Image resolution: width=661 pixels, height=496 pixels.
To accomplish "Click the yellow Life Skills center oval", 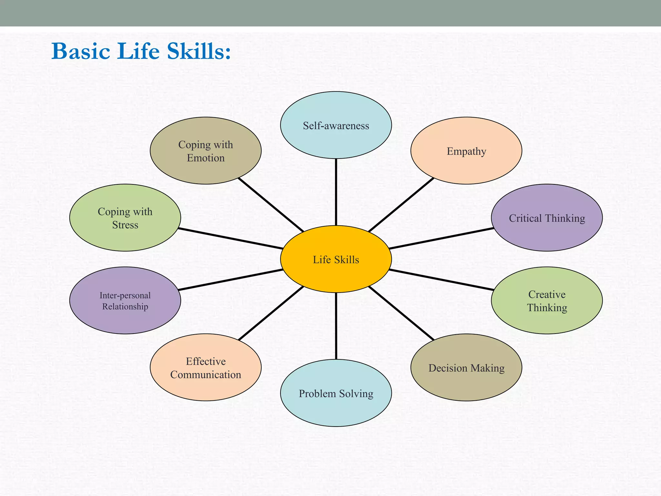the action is [336, 259].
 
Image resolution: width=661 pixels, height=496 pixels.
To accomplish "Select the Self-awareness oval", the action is [336, 125].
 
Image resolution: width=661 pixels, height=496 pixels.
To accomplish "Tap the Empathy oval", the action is [466, 151].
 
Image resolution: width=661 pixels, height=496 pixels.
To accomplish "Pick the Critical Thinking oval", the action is [547, 218].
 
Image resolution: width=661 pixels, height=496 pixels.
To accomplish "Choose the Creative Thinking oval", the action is [547, 301].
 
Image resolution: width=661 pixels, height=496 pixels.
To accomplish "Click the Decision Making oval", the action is [466, 368].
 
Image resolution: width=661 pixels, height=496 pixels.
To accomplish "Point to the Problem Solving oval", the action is [336, 393].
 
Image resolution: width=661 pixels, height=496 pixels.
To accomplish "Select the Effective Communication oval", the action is [206, 368].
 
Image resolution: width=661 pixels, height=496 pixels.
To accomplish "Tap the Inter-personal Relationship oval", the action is [125, 301].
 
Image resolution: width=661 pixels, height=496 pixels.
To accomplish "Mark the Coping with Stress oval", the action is [125, 218].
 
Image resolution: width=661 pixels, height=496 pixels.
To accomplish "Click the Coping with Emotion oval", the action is [206, 151].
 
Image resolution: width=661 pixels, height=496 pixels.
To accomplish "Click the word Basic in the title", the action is [81, 51].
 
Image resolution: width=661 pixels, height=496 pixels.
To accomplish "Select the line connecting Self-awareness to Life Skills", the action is [336, 192].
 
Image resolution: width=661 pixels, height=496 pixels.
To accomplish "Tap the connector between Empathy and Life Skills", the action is [401, 205].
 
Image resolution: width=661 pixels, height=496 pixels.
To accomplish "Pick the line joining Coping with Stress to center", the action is [230, 239].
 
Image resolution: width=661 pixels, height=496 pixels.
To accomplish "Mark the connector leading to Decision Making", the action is [401, 313].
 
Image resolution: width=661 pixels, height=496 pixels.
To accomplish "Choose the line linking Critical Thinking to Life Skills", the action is [441, 239].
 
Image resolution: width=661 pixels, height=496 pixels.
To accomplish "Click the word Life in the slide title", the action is [138, 51].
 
